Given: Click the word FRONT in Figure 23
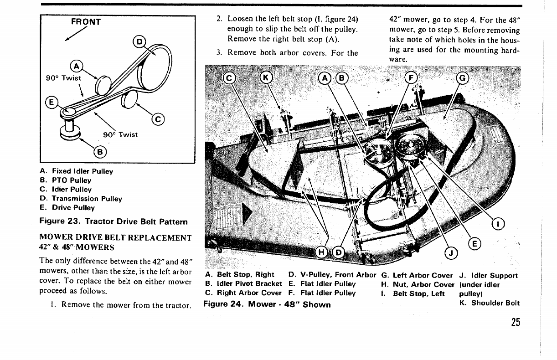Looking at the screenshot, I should tap(86, 21).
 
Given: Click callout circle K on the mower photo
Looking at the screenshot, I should tap(265, 78).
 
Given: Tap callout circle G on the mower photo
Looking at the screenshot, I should tap(462, 78).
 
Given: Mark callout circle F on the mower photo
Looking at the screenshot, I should tap(410, 78).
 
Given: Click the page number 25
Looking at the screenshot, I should tap(515, 322).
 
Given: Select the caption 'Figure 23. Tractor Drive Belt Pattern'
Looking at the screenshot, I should tap(114, 222).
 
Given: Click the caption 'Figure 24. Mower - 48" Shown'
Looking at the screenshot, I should tap(267, 304).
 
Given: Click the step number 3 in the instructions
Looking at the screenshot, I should tap(219, 52).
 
